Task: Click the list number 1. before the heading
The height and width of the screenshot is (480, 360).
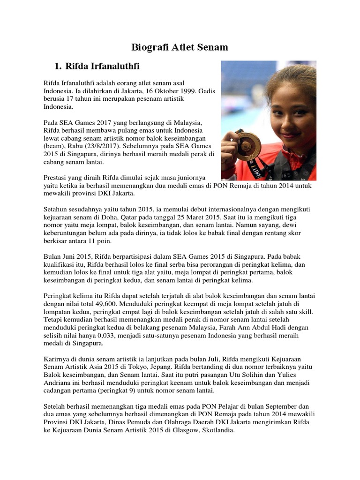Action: coord(60,65)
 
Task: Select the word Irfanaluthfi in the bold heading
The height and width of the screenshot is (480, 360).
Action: coord(114,65)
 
